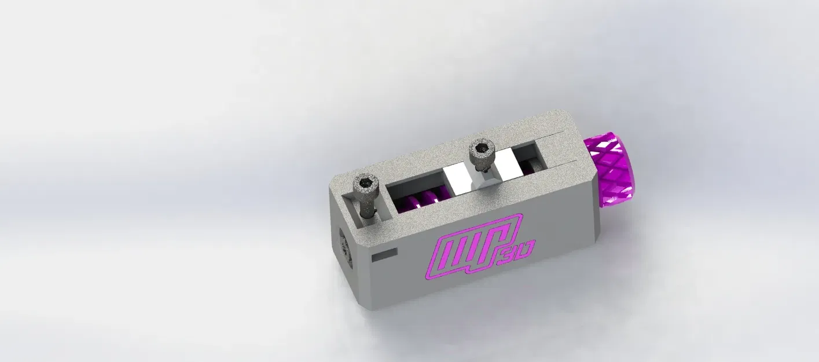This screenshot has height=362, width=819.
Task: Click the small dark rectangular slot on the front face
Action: coord(384,253)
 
